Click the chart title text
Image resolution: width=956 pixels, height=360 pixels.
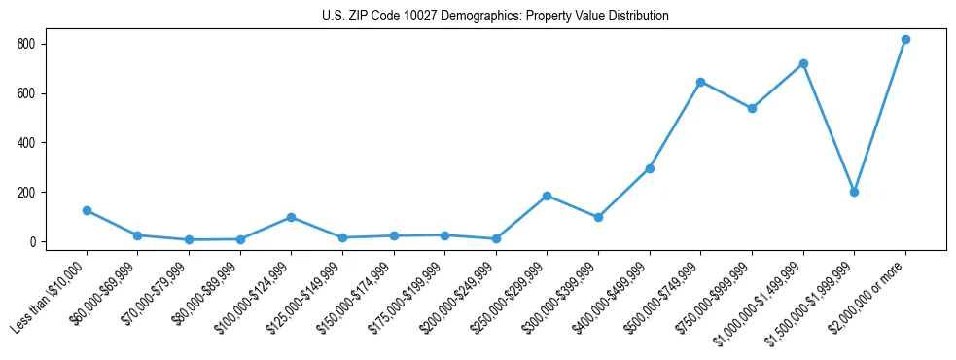[x=495, y=17]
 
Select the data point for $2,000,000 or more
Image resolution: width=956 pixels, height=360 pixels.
[x=905, y=40]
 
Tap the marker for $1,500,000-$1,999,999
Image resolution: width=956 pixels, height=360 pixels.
[x=854, y=192]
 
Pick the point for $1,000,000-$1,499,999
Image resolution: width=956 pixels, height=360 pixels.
[x=802, y=63]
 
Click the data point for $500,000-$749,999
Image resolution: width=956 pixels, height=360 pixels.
[x=700, y=82]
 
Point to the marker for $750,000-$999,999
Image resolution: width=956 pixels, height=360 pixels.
[x=752, y=108]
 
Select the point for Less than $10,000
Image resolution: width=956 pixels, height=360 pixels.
[x=87, y=210]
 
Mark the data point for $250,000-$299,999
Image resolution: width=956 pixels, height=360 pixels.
[x=547, y=196]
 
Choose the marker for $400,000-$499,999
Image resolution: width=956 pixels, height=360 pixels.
[x=650, y=168]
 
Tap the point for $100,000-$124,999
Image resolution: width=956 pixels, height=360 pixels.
[x=291, y=217]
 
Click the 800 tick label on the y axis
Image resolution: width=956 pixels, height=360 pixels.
[x=25, y=44]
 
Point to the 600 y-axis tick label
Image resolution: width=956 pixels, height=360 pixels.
[x=25, y=93]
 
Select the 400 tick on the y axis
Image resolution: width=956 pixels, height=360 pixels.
[x=25, y=143]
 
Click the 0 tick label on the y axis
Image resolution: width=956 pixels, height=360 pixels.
[x=32, y=241]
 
